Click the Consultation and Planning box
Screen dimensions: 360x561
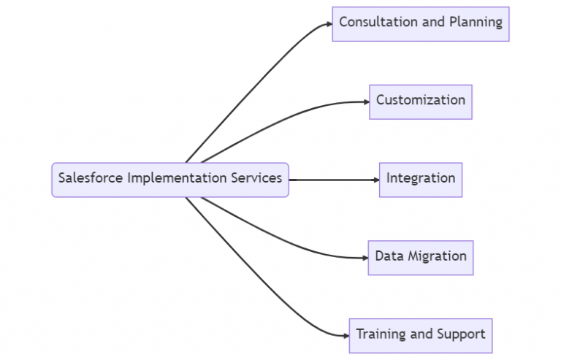pos(420,23)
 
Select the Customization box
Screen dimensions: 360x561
pos(420,101)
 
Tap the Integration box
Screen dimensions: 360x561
pos(420,179)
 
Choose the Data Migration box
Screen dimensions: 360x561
pos(420,257)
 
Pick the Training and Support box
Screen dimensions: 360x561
pos(420,335)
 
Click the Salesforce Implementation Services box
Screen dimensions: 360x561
pos(169,179)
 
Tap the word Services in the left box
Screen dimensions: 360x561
pos(256,178)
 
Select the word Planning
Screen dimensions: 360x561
pos(475,22)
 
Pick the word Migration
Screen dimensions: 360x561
pos(438,256)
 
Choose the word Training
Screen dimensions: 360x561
pos(381,334)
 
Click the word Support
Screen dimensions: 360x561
pos(461,334)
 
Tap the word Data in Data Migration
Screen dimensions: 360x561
pos(389,256)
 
